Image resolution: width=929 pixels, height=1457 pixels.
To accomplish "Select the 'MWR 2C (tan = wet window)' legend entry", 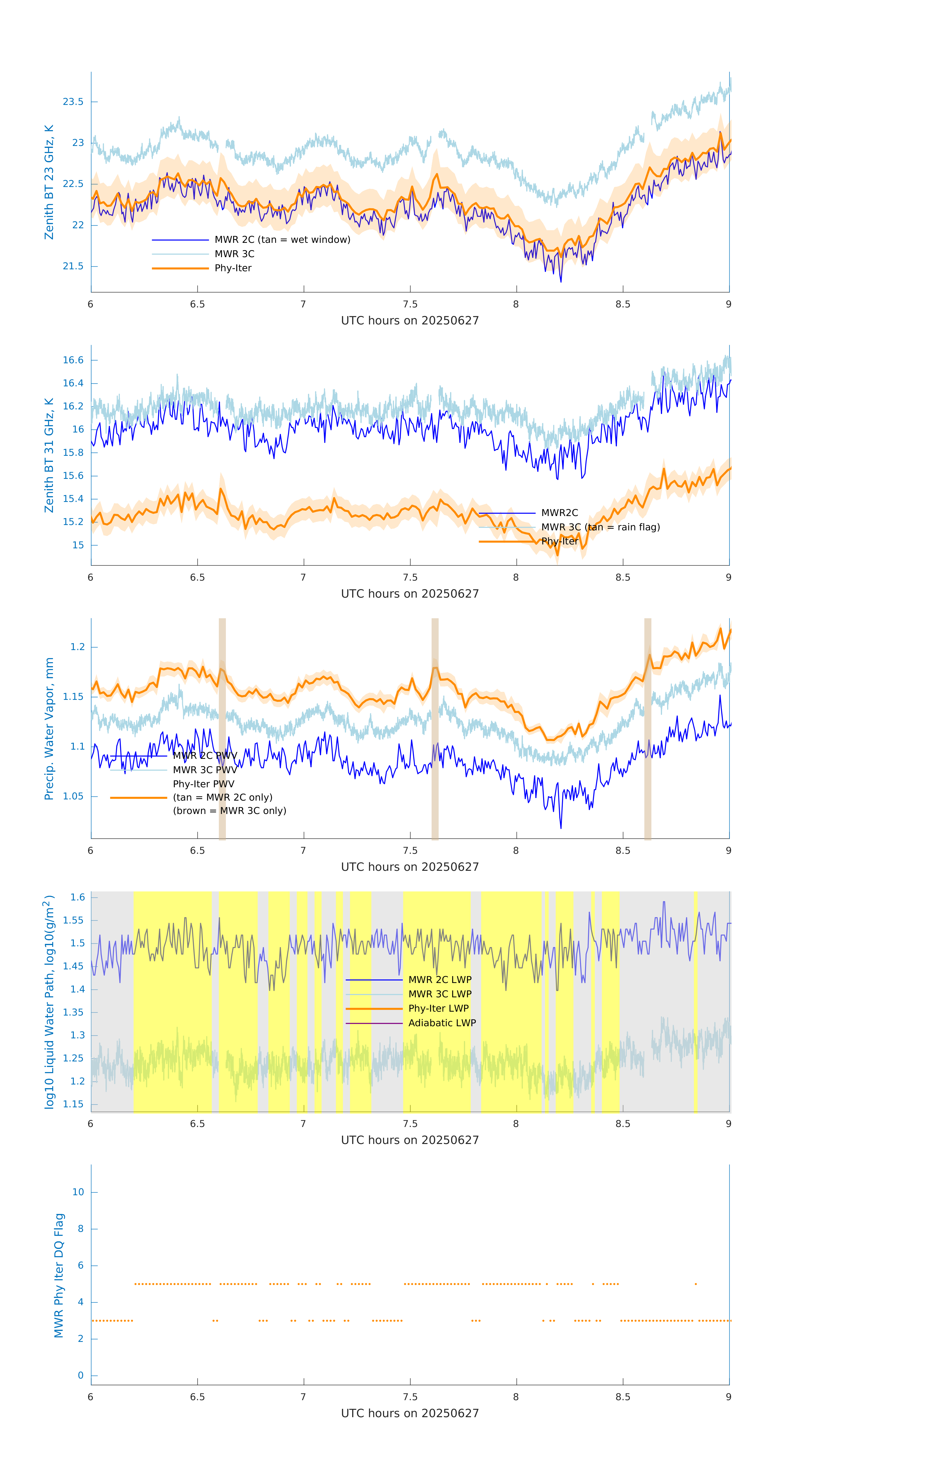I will pyautogui.click(x=282, y=240).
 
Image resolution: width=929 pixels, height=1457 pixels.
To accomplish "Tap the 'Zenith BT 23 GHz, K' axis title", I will pyautogui.click(x=49, y=182).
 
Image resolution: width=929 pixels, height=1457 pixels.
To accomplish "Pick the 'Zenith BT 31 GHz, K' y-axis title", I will pyautogui.click(x=49, y=455).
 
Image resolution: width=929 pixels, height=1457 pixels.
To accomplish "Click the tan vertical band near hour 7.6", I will pyautogui.click(x=435, y=729).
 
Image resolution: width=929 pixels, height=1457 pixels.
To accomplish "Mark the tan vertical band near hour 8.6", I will pyautogui.click(x=648, y=729).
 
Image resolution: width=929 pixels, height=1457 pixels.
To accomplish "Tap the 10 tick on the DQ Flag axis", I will pyautogui.click(x=78, y=1192).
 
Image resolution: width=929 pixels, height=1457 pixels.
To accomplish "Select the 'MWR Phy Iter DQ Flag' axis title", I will pyautogui.click(x=59, y=1275).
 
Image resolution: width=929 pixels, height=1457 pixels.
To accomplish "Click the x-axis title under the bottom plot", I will pyautogui.click(x=410, y=1414).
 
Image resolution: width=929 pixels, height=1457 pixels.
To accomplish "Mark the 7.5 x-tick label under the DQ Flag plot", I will pyautogui.click(x=410, y=1397).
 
